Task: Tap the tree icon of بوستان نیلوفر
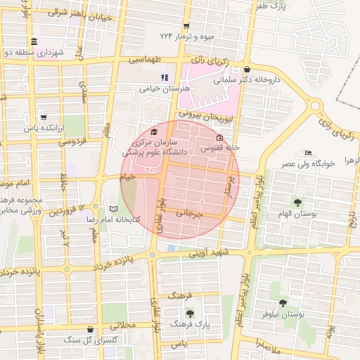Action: pyautogui.click(x=283, y=304)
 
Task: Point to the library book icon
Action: pyautogui.click(x=114, y=209)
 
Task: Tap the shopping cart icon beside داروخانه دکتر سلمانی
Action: pyautogui.click(x=247, y=70)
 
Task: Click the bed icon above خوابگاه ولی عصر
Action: pyautogui.click(x=307, y=153)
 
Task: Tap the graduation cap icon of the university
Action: pyautogui.click(x=154, y=131)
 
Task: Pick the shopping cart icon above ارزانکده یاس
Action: pyautogui.click(x=44, y=117)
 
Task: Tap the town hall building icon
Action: pyautogui.click(x=34, y=41)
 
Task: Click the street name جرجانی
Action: pyautogui.click(x=189, y=212)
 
